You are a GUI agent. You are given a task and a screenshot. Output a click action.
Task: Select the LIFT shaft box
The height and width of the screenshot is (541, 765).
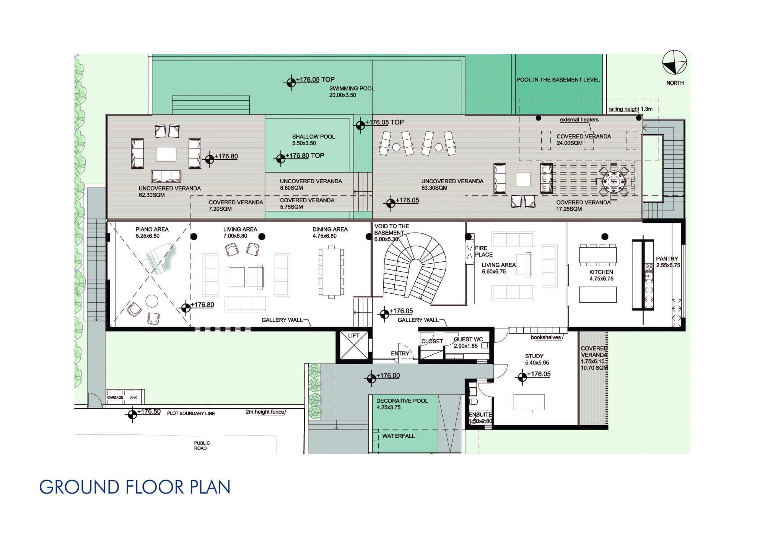click(353, 346)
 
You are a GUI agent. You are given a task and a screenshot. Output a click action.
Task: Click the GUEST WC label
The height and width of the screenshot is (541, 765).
click(468, 339)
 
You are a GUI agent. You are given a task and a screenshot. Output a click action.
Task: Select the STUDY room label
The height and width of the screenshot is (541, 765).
click(534, 356)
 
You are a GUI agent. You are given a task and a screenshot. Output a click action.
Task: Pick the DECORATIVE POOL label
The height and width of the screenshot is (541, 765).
click(402, 401)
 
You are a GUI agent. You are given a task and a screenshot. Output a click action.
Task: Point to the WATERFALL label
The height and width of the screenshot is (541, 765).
click(398, 436)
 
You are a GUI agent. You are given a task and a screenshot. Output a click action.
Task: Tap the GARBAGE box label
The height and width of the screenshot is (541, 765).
click(115, 398)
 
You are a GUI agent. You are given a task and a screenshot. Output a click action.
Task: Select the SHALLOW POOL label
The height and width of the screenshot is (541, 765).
click(314, 137)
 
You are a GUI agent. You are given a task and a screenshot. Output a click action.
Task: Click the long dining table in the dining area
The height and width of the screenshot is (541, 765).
click(331, 272)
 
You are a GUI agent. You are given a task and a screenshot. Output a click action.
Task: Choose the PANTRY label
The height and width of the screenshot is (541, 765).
click(667, 259)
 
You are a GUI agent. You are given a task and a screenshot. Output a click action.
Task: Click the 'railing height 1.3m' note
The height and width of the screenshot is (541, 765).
click(630, 109)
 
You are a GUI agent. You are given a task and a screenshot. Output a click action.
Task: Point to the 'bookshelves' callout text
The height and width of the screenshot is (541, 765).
click(546, 337)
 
